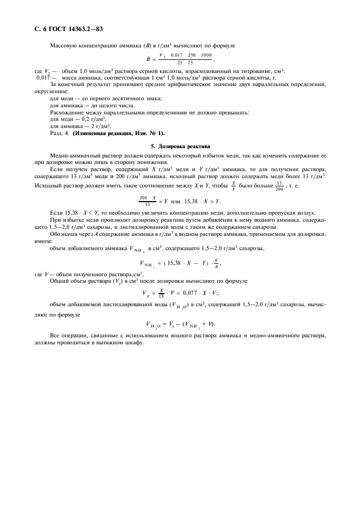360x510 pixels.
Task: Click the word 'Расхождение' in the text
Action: (x=68, y=112)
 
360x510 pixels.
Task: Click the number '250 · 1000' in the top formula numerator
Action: (x=200, y=56)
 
